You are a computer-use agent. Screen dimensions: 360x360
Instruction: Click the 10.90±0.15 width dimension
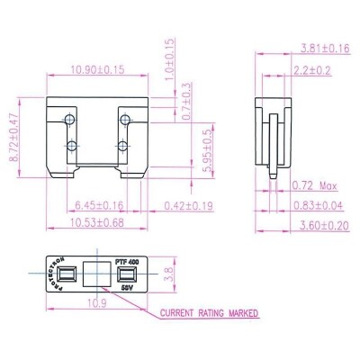tap(98, 68)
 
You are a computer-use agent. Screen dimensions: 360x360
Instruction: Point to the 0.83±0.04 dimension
tap(316, 205)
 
